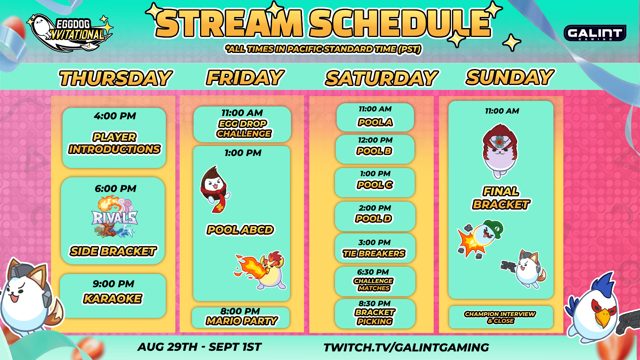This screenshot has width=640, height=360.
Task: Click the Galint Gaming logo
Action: point(595,33)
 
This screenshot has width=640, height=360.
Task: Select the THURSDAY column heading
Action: point(115,78)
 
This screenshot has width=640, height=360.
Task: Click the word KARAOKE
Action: point(113,299)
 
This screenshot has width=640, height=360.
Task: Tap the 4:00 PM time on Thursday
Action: point(115,116)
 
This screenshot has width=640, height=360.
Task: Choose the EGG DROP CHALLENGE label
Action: point(243,129)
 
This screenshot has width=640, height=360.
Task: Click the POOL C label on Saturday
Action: point(375,185)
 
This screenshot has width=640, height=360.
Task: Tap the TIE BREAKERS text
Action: point(374,254)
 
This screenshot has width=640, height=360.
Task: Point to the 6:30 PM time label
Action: point(373,272)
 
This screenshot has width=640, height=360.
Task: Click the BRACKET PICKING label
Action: point(375,317)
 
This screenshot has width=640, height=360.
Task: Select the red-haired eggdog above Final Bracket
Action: point(500,150)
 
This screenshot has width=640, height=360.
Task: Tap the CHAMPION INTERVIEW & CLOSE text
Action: point(500,317)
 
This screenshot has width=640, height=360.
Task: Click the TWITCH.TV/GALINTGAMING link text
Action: point(406,347)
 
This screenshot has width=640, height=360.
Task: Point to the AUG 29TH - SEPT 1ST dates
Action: point(199,347)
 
